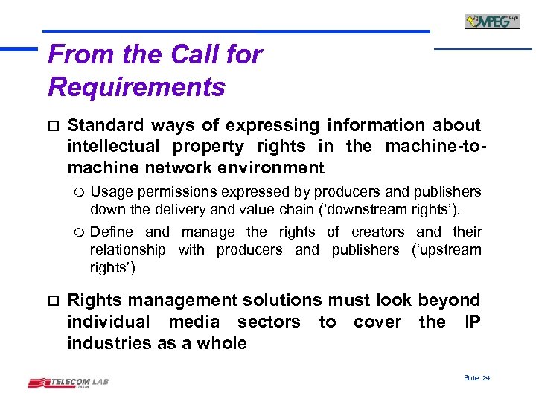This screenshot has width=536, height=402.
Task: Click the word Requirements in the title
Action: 136,87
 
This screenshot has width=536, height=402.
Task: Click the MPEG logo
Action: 492,21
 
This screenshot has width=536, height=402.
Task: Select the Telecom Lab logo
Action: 68,383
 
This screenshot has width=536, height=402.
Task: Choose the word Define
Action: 110,232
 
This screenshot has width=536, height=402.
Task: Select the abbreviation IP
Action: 472,322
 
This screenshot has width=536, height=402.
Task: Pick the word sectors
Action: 269,322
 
